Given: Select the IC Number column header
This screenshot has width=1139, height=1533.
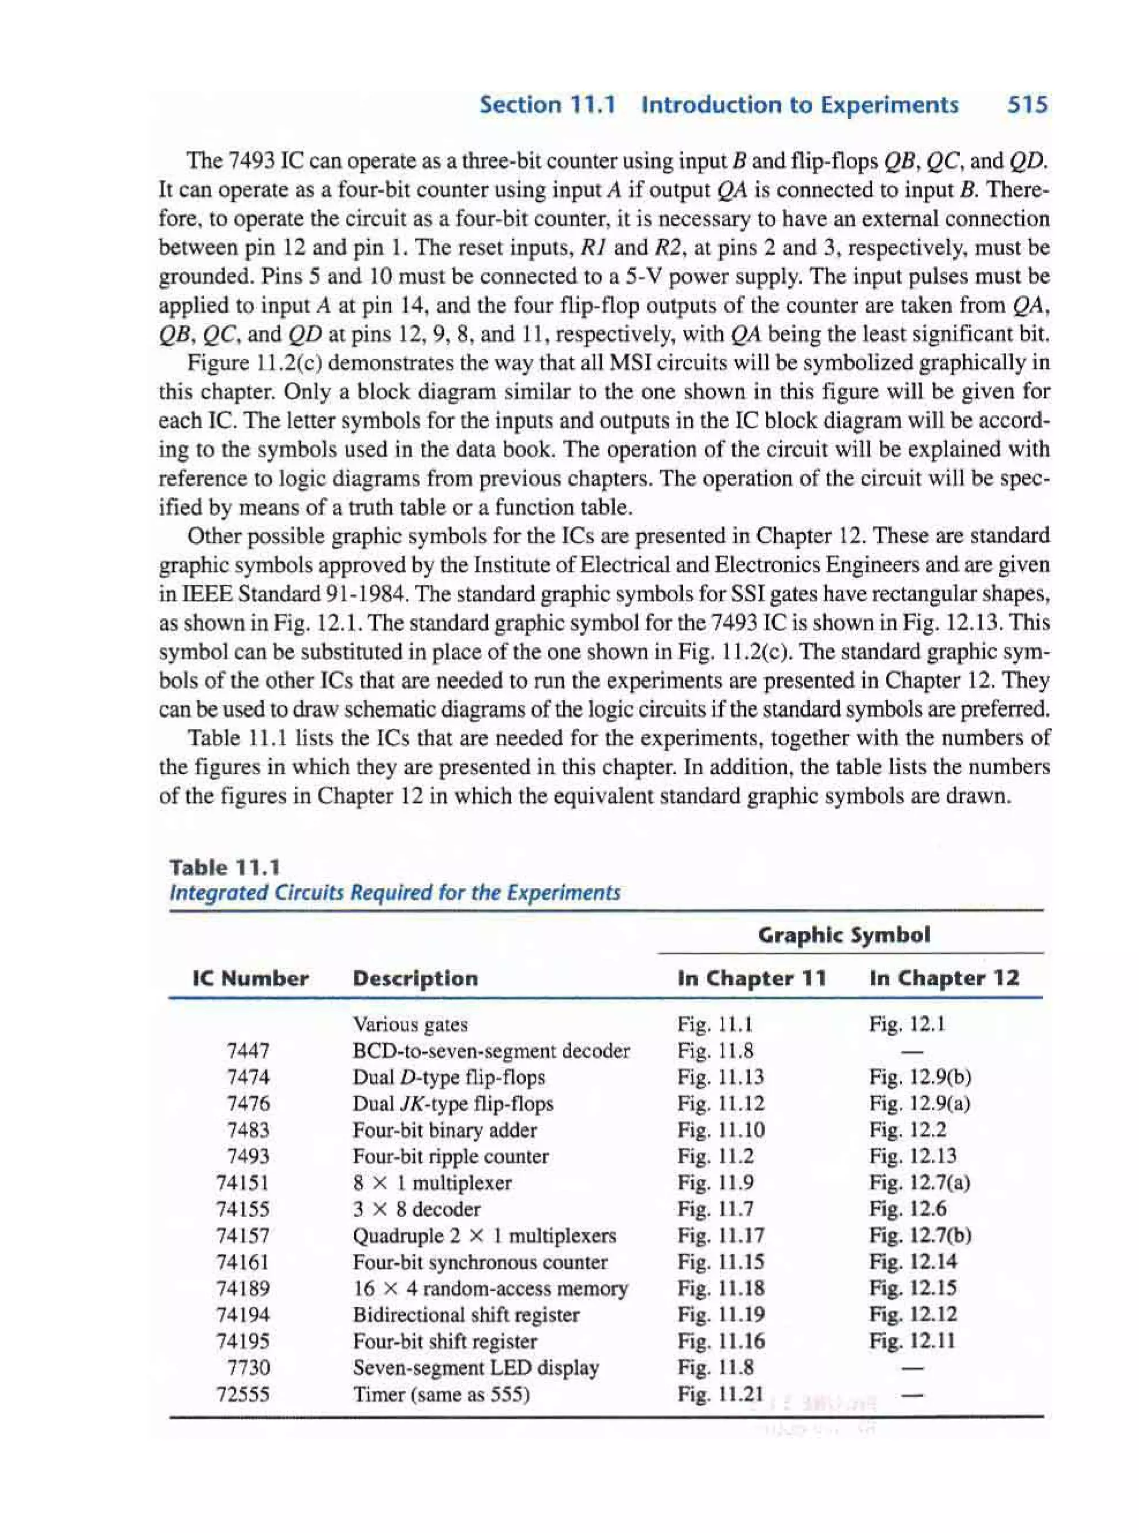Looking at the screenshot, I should coord(250,978).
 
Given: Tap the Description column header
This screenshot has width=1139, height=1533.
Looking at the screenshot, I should coord(415,978).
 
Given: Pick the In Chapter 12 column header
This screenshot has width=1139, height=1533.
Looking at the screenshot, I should coord(944,978).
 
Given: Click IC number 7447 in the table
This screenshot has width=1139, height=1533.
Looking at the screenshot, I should coord(248,1050).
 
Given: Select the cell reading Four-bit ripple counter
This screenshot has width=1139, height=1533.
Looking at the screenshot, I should coord(451,1156).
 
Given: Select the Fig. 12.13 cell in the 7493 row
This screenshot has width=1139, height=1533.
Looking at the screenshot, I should coord(913,1156).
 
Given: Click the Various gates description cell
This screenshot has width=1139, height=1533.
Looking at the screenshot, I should coord(410,1024).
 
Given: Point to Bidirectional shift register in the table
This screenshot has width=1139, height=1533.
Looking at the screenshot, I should coord(466,1314).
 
